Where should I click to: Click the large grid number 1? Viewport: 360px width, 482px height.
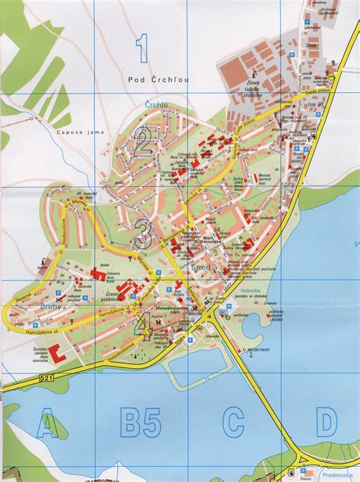coord(142,49)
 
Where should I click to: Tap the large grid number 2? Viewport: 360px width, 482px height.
coord(142,140)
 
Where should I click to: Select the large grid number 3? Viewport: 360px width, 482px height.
coord(142,233)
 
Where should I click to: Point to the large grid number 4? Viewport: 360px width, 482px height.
coord(142,325)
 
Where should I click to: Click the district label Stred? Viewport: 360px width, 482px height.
coord(202,268)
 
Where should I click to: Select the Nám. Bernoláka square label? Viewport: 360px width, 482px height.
coord(216,239)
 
